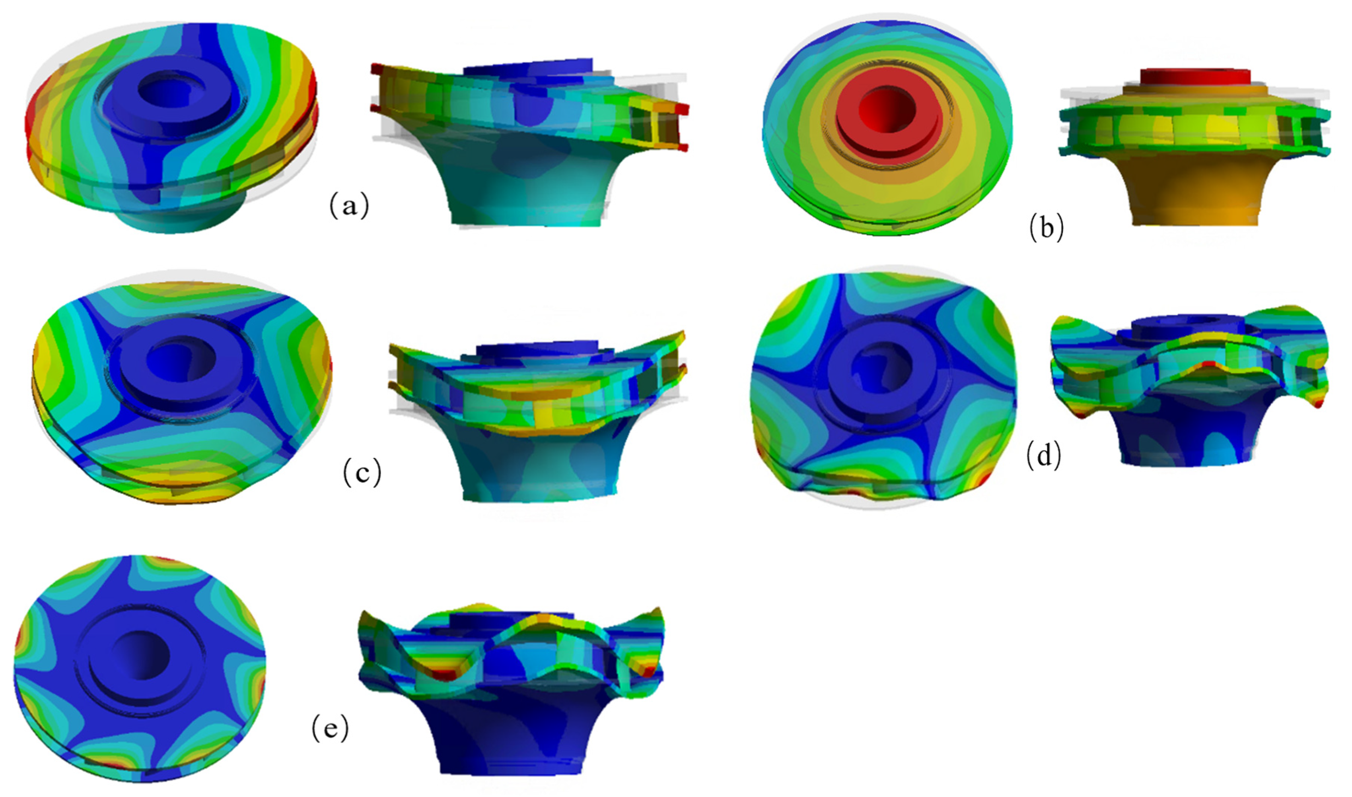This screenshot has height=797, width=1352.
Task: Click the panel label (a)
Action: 349,205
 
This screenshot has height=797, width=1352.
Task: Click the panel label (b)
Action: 1046,227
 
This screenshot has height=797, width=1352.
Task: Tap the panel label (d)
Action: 1044,456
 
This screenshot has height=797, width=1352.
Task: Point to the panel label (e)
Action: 330,728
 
